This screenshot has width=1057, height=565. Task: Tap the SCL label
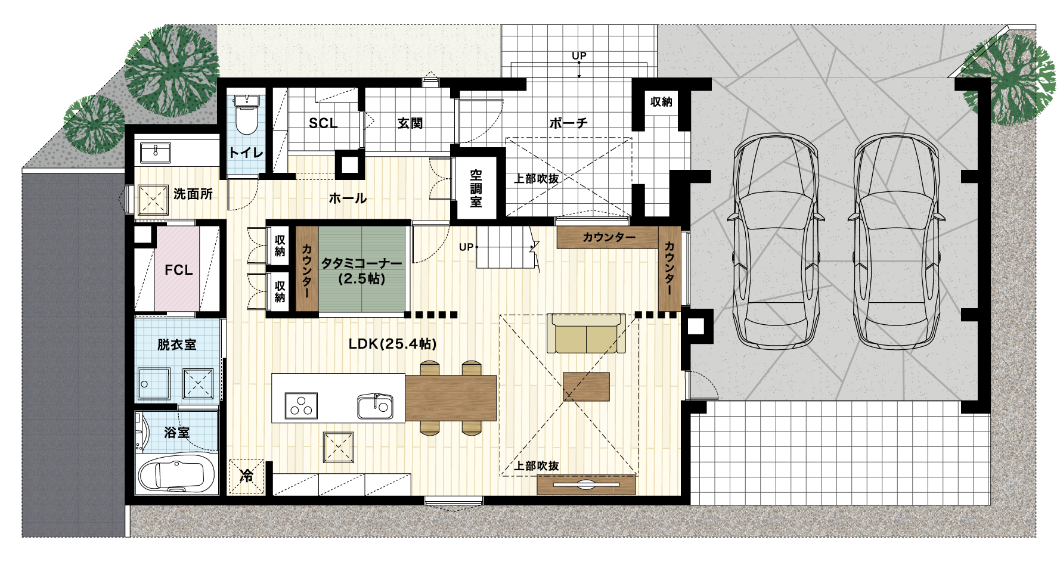323,123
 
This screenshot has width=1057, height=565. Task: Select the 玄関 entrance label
410,123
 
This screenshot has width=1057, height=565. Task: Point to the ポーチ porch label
569,123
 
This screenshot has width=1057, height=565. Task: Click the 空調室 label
476,188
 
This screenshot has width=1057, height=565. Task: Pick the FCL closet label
178,270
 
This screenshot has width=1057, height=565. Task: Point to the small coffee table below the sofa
586,387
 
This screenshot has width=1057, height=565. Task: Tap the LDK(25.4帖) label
393,344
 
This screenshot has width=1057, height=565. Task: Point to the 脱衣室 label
177,344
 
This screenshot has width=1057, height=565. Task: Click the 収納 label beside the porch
661,102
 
